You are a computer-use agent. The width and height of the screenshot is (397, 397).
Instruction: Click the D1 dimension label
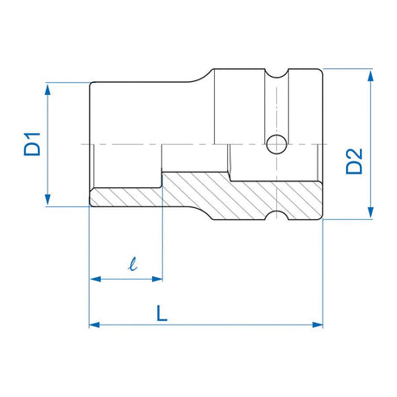click(32, 144)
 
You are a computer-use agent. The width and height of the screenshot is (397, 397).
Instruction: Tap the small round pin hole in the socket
click(278, 142)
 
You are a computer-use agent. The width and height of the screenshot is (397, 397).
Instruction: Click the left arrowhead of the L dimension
click(93, 325)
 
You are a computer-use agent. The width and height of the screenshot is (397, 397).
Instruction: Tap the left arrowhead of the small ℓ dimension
click(93, 278)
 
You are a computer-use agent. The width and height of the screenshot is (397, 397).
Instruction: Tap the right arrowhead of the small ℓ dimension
click(158, 278)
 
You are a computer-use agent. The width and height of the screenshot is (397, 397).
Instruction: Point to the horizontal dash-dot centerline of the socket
click(129, 143)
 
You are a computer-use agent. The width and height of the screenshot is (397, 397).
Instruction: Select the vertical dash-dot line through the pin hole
click(278, 104)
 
